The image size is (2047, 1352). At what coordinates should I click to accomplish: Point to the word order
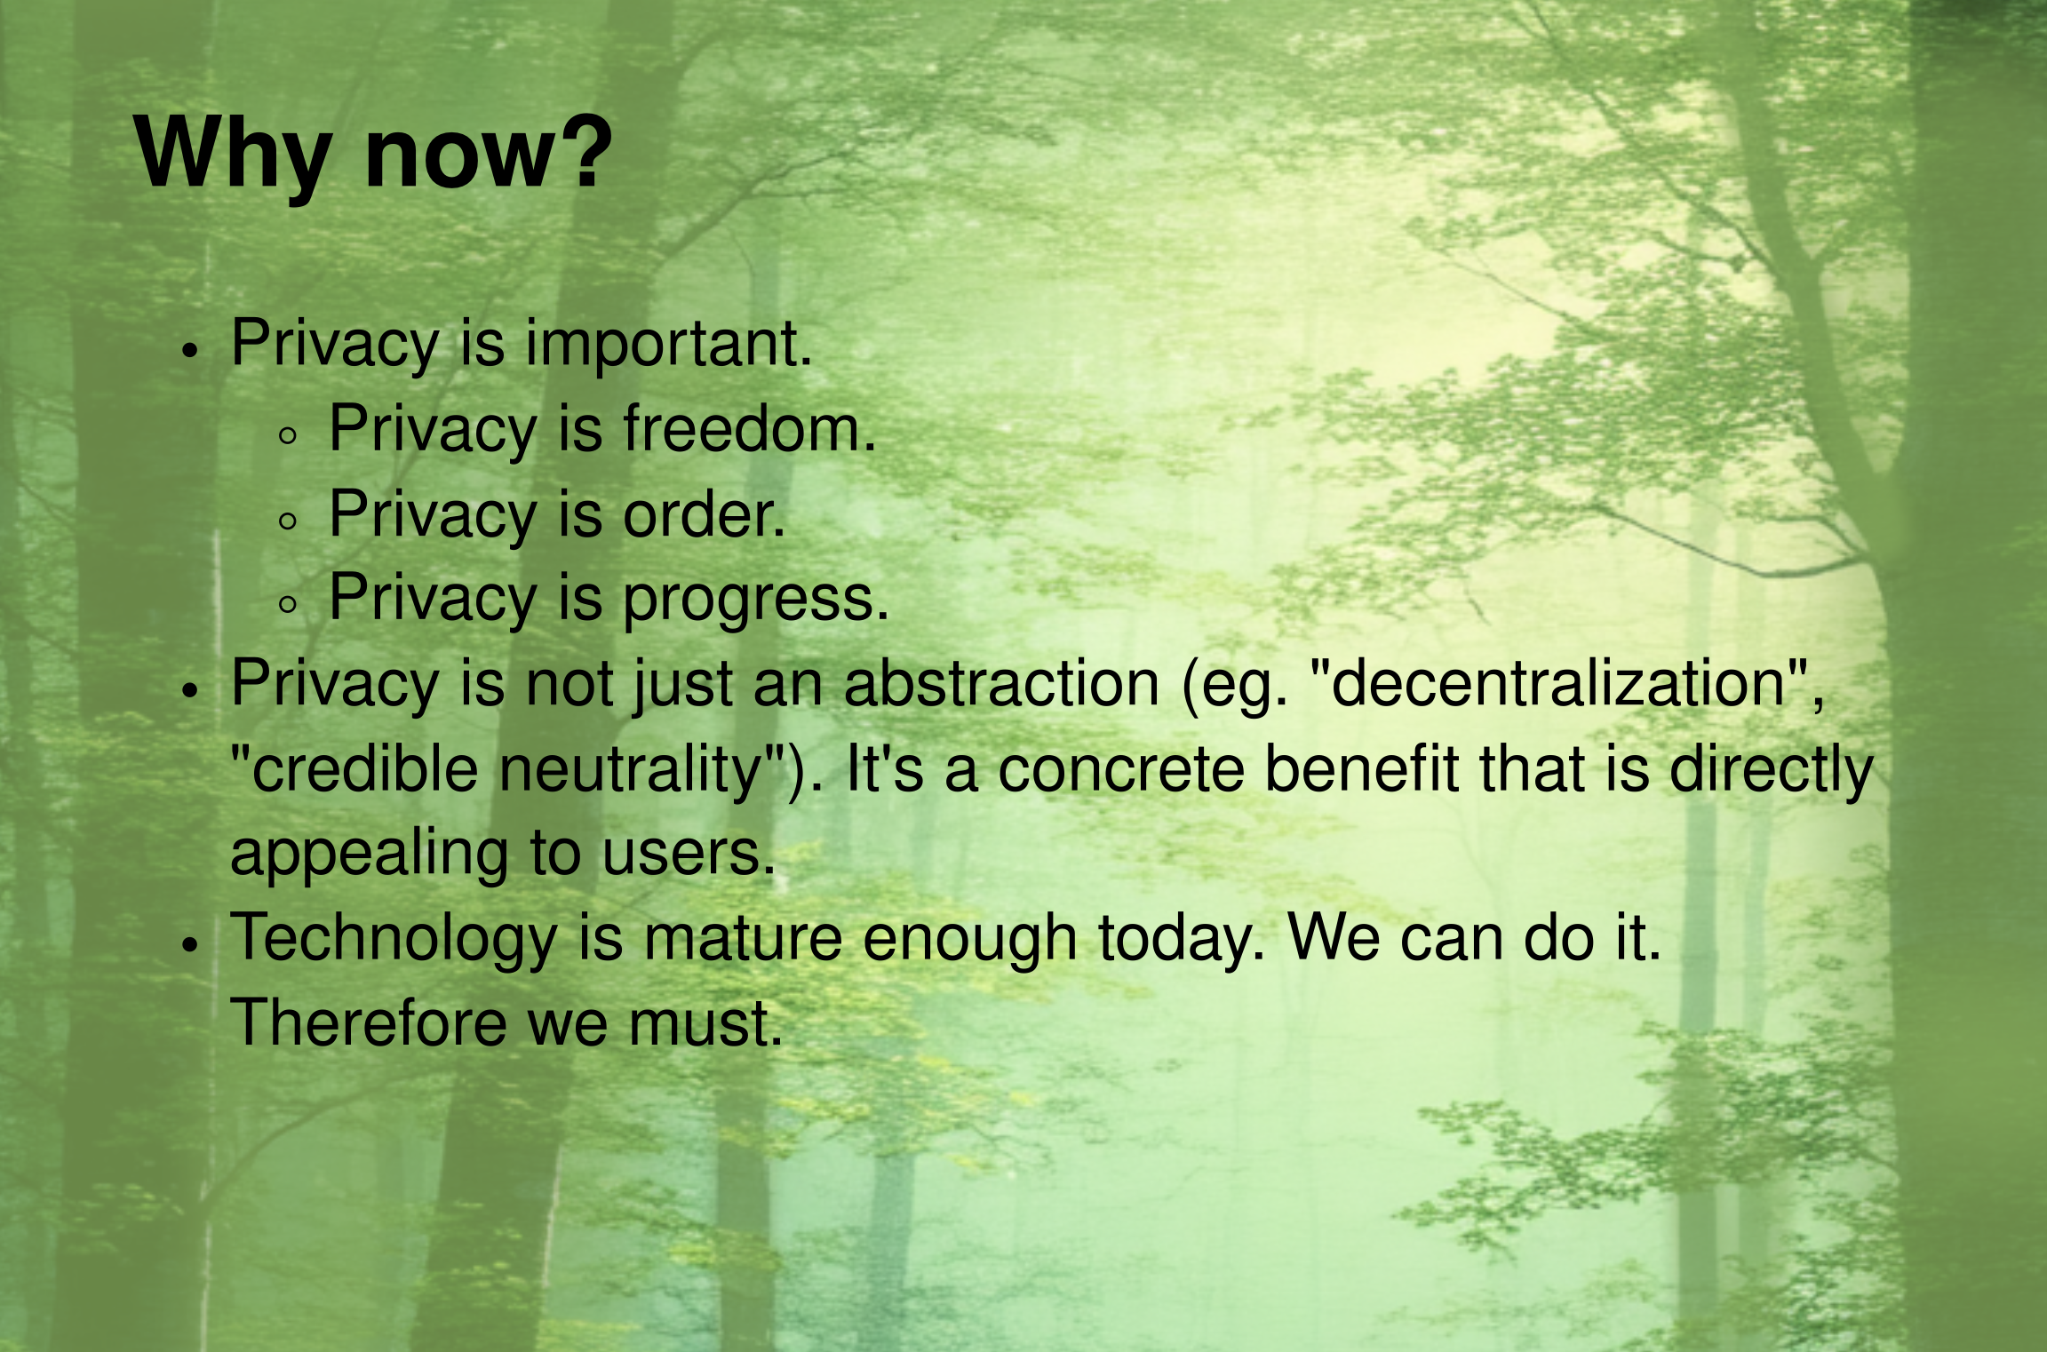[x=704, y=514]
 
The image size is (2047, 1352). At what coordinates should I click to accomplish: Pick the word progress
[x=755, y=600]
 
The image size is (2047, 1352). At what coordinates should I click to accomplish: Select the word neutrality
[x=630, y=768]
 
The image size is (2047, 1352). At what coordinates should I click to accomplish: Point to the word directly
[x=1771, y=768]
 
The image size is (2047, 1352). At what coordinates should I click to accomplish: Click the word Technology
[x=394, y=939]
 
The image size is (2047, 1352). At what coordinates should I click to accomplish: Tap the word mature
[x=743, y=940]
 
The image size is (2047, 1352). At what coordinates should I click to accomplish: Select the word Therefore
[x=369, y=1022]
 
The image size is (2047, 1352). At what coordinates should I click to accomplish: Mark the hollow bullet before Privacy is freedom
[x=287, y=435]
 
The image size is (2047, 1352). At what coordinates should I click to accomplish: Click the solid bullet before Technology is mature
[x=189, y=945]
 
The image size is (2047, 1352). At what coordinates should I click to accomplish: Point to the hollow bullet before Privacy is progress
[x=287, y=605]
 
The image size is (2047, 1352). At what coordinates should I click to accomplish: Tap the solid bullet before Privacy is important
[x=188, y=350]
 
